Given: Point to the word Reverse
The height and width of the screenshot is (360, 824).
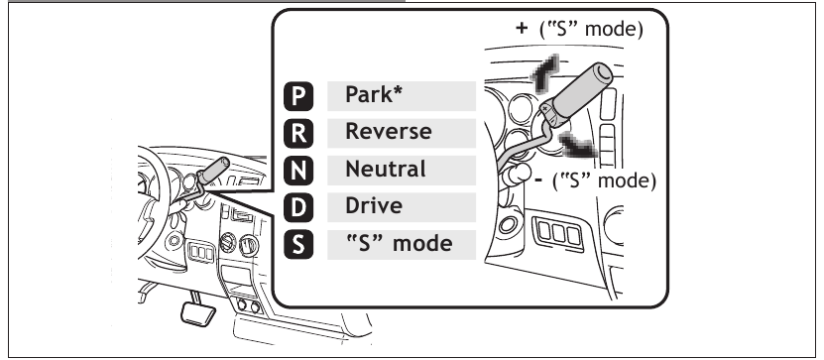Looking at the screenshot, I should [x=388, y=132].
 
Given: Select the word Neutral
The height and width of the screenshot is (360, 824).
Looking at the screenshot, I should [x=385, y=169].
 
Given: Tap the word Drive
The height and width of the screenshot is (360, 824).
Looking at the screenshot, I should [x=373, y=205].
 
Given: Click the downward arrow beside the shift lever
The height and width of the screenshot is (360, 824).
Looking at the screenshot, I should [x=579, y=149].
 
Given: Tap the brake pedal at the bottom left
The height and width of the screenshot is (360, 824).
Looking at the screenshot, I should [x=195, y=318].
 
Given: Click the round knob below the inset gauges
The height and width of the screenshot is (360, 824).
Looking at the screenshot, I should [x=514, y=176].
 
